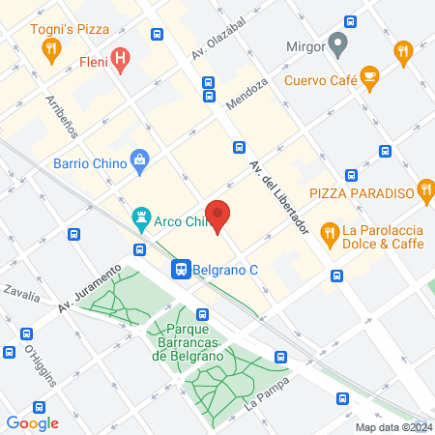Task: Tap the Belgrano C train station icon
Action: pos(181,270)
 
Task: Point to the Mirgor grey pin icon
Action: pos(337,44)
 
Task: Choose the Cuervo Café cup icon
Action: pos(369,76)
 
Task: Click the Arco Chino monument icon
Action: pos(142,219)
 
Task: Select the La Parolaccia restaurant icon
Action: pos(330,231)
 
